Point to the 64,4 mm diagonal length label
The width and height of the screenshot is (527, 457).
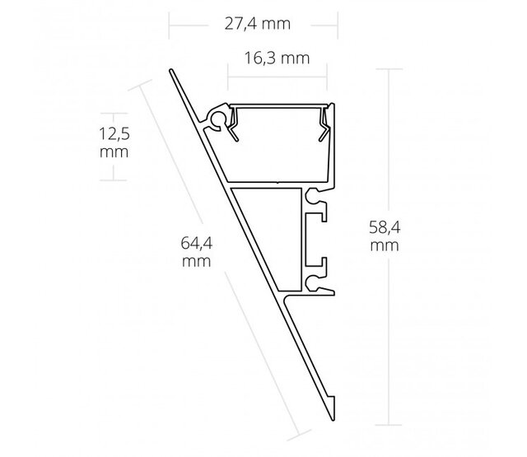pyautogui.click(x=197, y=251)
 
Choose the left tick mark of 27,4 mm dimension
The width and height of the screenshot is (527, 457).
pyautogui.click(x=170, y=25)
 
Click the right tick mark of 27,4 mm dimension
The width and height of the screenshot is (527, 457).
pyautogui.click(x=337, y=25)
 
